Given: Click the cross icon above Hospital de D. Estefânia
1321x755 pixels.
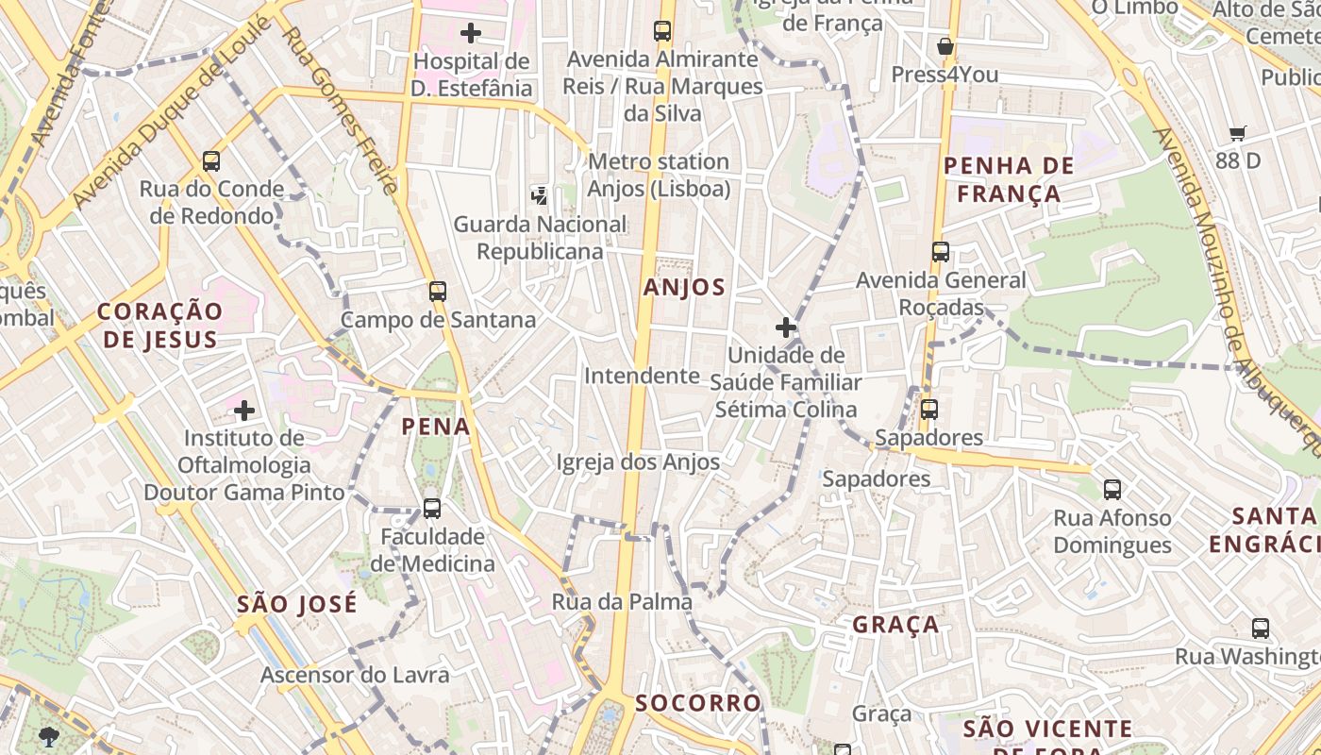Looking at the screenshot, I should [470, 33].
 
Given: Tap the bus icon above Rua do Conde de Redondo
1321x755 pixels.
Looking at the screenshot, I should [211, 161].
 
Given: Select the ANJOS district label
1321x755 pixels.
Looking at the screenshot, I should [684, 288].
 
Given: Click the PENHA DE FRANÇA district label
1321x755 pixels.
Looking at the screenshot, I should [1009, 180].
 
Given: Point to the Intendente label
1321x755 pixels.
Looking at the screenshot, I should [642, 376].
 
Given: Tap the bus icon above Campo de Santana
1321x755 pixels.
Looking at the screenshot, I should [437, 292].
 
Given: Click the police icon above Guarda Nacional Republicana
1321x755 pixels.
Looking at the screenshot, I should [539, 196].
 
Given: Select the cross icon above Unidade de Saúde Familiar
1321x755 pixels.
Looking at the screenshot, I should [786, 327].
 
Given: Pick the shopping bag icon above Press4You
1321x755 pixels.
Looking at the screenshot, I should [945, 47].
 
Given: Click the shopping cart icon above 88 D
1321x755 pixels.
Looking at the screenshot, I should [1238, 133].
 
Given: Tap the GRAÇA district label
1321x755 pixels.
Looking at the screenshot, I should [895, 625].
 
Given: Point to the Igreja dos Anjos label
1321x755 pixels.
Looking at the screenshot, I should [638, 462].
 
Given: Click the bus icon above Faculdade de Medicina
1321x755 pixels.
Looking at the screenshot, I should [431, 509].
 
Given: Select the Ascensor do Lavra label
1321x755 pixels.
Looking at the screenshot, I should [355, 675].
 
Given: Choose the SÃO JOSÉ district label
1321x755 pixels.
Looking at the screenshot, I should [297, 604].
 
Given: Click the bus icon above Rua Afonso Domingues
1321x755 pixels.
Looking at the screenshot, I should [1112, 490].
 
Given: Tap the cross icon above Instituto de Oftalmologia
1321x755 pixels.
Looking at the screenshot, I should [244, 411].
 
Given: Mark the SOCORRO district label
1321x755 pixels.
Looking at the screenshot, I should [697, 703].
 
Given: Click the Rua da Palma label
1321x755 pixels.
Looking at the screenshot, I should [622, 601].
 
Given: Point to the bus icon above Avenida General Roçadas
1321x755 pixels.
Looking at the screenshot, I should [940, 252].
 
